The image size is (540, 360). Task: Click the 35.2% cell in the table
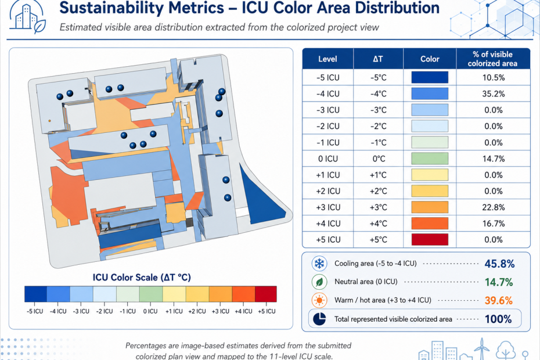pos(493,93)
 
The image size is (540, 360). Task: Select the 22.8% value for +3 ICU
pos(493,207)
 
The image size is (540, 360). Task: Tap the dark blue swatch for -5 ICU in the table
pos(430,77)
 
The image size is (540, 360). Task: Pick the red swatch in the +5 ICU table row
pos(430,240)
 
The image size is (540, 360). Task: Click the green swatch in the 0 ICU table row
pos(430,159)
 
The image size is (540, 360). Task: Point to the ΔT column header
pos(378,59)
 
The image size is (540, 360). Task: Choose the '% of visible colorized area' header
pos(492,59)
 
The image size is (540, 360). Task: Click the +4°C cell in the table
pos(378,224)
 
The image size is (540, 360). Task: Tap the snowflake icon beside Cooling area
pos(319,264)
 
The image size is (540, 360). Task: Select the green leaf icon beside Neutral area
pos(319,282)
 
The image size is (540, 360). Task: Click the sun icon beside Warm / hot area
pos(319,300)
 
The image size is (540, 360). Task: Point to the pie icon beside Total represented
pos(319,319)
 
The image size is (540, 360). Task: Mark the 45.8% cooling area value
pos(499,264)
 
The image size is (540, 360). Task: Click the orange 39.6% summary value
pos(498,300)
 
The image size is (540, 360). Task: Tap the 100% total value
pos(498,319)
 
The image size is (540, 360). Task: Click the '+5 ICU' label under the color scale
pos(267,311)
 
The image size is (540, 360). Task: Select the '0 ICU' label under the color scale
pos(150,311)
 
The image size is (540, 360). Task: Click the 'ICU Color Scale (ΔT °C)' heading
pos(142,278)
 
